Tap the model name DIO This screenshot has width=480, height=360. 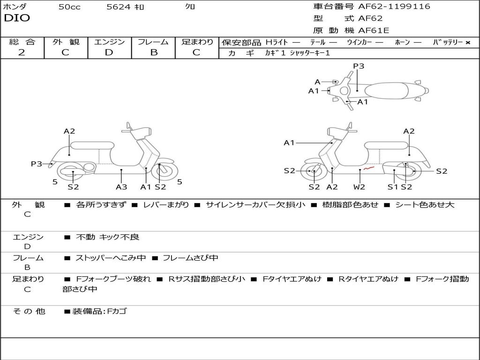click(17, 18)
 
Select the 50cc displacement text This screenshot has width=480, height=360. click(69, 7)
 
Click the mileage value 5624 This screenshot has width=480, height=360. click(119, 7)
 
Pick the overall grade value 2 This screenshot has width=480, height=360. click(22, 52)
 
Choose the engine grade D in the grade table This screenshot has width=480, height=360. click(109, 52)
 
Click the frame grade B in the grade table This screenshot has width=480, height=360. click(153, 52)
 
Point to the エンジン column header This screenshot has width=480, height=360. click(109, 42)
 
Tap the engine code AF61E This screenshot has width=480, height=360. click(374, 31)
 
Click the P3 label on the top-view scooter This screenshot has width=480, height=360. click(359, 66)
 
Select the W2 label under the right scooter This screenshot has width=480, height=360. click(360, 187)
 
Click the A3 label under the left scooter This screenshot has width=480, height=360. click(121, 187)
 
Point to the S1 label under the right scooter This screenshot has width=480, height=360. click(393, 187)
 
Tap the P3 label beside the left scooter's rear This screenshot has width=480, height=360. click(37, 164)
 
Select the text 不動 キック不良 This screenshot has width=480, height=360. click(107, 237)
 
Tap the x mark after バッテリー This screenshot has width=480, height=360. click(467, 43)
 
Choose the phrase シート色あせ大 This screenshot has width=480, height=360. click(425, 205)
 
